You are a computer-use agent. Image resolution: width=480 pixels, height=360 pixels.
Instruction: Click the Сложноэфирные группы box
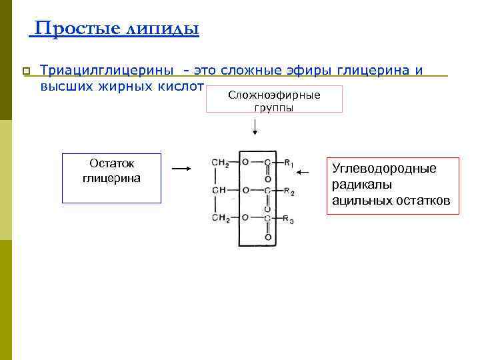click(x=274, y=99)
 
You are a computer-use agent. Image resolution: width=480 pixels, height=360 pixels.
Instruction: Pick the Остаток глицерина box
click(x=111, y=178)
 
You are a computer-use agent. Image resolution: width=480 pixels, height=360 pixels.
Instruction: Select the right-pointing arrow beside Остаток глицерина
click(x=181, y=169)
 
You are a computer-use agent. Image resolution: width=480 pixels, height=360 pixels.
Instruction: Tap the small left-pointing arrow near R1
click(x=303, y=173)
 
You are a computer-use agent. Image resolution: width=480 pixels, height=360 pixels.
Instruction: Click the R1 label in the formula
click(x=289, y=163)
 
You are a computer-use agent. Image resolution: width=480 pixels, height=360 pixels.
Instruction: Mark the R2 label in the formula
click(x=289, y=191)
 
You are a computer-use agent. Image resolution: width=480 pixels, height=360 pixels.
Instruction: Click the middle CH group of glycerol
click(x=219, y=190)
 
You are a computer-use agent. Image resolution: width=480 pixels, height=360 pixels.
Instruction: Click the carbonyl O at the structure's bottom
click(x=268, y=237)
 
